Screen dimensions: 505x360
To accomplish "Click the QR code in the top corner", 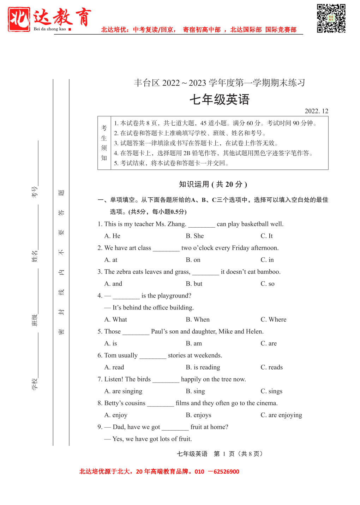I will click(331, 18).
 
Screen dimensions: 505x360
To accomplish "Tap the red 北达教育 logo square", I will click(19, 19).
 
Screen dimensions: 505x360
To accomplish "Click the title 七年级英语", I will click(219, 100).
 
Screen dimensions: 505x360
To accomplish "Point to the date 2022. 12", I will click(316, 111).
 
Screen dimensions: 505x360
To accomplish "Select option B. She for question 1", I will click(194, 236).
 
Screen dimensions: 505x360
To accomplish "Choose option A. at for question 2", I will click(110, 260).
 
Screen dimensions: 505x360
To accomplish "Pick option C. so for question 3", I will click(267, 284).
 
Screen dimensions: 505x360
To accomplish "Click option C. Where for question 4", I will click(273, 319).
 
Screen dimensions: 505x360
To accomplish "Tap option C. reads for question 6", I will click(271, 367).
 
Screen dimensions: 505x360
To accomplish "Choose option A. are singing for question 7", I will click(123, 391).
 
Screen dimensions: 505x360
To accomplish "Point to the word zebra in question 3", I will click(124, 272).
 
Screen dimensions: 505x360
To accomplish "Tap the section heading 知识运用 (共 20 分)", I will click(213, 184).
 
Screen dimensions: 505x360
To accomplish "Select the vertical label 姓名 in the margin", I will click(35, 257).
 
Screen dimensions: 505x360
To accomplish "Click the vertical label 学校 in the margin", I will click(35, 384).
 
